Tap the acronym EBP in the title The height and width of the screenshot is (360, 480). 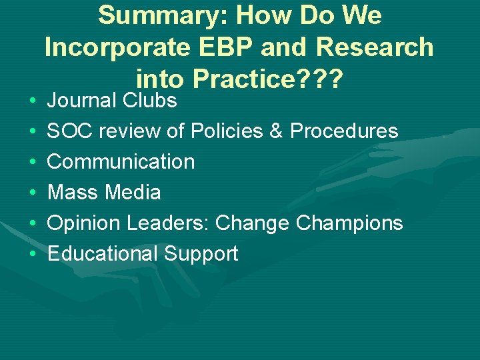(217, 47)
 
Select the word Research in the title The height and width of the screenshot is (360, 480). (375, 47)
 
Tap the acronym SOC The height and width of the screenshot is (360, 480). (68, 131)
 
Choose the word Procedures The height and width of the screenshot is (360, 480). (344, 131)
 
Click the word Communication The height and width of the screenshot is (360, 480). (121, 162)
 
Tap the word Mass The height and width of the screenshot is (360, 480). (73, 193)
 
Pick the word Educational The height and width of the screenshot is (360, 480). (102, 254)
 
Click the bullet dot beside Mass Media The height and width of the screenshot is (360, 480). (33, 193)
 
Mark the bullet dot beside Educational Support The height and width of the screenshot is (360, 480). (33, 255)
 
